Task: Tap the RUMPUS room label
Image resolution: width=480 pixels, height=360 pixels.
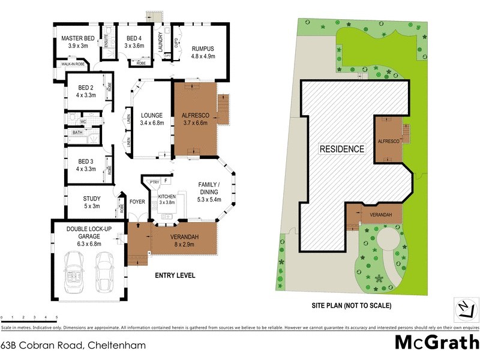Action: click(202, 49)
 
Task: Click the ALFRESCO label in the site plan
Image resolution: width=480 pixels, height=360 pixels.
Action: click(388, 140)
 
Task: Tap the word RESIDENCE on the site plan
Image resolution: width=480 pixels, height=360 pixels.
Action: click(341, 149)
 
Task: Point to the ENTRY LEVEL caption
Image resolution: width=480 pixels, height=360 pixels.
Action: click(175, 276)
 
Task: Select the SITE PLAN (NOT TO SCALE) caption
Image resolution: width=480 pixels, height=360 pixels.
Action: click(351, 305)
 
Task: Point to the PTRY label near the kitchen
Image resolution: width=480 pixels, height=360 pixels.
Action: click(154, 181)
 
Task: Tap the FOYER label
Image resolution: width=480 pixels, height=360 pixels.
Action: click(137, 202)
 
